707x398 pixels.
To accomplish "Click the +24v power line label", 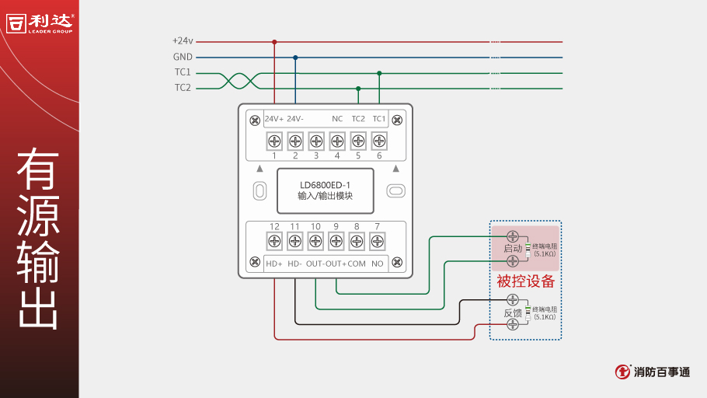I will [x=183, y=41].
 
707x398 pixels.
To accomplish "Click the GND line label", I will [x=183, y=57].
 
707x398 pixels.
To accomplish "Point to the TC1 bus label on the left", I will [x=183, y=72].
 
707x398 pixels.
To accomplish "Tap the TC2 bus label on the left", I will [x=183, y=88].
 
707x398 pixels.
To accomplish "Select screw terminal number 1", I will [x=274, y=141].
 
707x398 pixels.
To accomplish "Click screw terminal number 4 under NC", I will [x=337, y=141].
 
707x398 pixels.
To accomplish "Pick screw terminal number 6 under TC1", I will [x=379, y=141].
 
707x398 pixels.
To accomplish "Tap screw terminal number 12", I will [x=274, y=242].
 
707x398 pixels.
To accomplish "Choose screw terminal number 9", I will [x=336, y=242].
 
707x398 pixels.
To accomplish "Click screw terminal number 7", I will [x=378, y=242].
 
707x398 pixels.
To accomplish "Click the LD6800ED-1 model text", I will [x=326, y=185].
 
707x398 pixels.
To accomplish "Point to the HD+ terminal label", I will [x=274, y=264].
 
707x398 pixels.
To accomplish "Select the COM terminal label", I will [x=357, y=264].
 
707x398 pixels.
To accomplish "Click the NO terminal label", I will [x=378, y=264].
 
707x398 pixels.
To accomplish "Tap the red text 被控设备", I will [x=526, y=281].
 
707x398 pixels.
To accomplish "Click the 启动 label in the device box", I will [x=513, y=249].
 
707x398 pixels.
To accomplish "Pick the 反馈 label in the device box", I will [x=513, y=312].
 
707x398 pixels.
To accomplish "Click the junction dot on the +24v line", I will [x=274, y=42].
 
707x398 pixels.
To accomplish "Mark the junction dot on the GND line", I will [x=295, y=58].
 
